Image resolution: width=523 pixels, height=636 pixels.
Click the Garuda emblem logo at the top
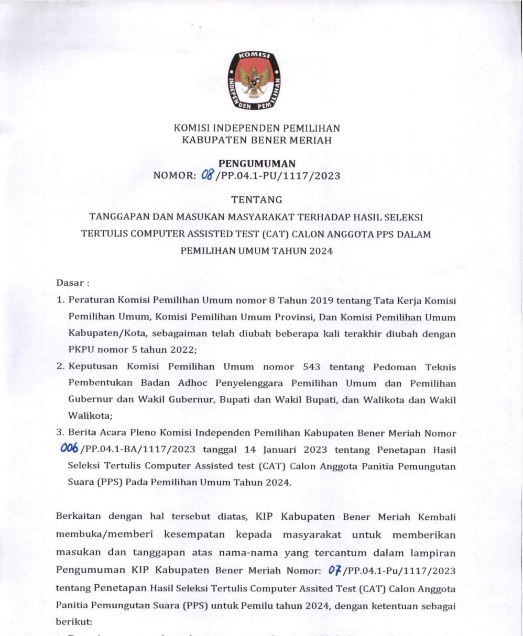point(254,81)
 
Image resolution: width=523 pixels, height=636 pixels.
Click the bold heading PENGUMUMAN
point(257,164)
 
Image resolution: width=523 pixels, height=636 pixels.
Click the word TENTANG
point(257,199)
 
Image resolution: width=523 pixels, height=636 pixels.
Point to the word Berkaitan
point(80,517)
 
